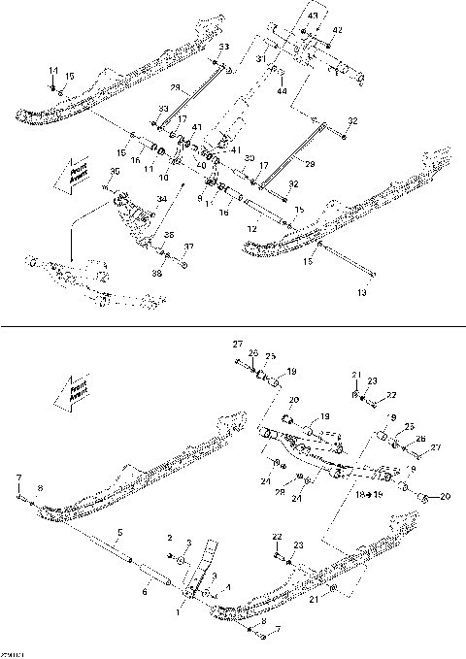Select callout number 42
pyautogui.click(x=338, y=31)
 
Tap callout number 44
pyautogui.click(x=282, y=90)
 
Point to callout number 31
pyautogui.click(x=260, y=59)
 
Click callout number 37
pyautogui.click(x=189, y=247)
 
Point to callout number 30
pyautogui.click(x=250, y=157)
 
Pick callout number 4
pyautogui.click(x=211, y=577)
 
